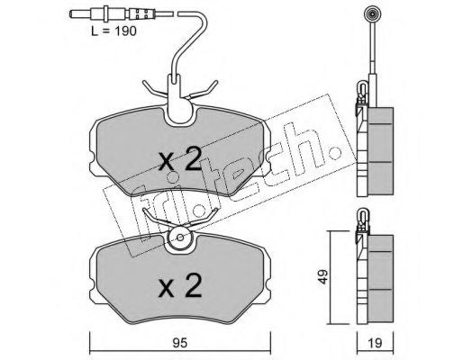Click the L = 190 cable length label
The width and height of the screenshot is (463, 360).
(x=113, y=31)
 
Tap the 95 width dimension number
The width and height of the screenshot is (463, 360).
(x=180, y=343)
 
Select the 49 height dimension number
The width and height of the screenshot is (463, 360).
(x=323, y=276)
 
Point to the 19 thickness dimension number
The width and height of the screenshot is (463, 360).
(x=375, y=343)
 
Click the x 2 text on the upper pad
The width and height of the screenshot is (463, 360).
(x=180, y=160)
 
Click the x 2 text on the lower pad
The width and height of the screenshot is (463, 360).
(x=180, y=285)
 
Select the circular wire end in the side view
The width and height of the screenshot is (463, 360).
(x=372, y=13)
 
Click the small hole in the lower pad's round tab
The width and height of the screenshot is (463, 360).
(x=180, y=238)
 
